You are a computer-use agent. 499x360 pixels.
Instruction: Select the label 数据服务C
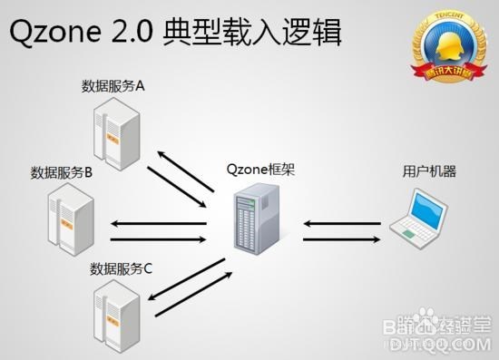[122, 269]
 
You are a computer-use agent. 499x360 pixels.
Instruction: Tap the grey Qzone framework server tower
[254, 219]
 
